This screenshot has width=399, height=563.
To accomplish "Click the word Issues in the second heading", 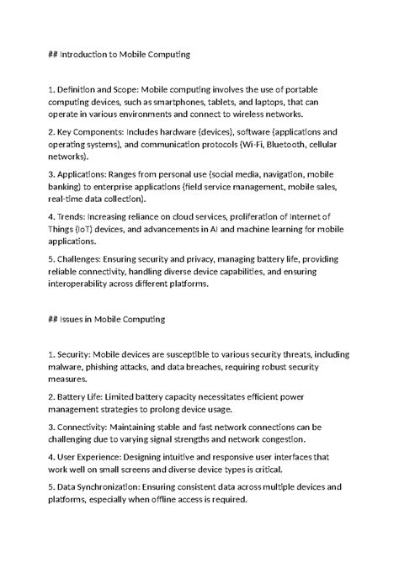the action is tap(76, 319).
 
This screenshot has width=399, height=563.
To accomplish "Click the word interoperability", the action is tap(83, 284).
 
